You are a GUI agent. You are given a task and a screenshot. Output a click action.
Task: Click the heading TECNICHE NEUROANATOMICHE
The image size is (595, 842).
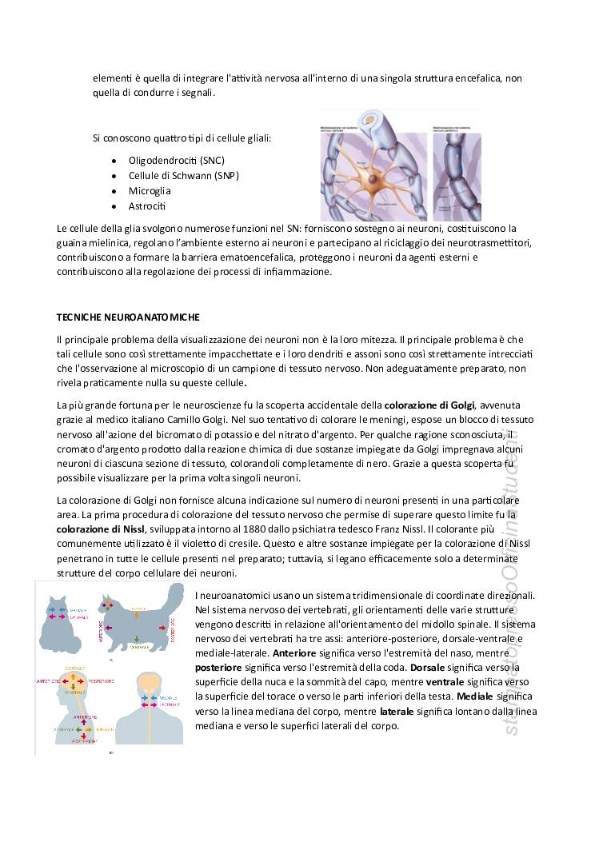128,317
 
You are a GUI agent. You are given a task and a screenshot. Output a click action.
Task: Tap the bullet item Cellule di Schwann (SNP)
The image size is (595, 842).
183,175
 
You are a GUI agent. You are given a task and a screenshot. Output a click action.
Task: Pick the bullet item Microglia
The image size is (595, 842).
150,191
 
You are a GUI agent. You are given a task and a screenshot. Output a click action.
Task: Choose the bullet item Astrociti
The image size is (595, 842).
147,206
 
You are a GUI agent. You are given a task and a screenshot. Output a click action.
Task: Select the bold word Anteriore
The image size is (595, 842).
294,652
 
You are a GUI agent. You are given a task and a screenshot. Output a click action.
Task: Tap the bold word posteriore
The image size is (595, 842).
218,667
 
